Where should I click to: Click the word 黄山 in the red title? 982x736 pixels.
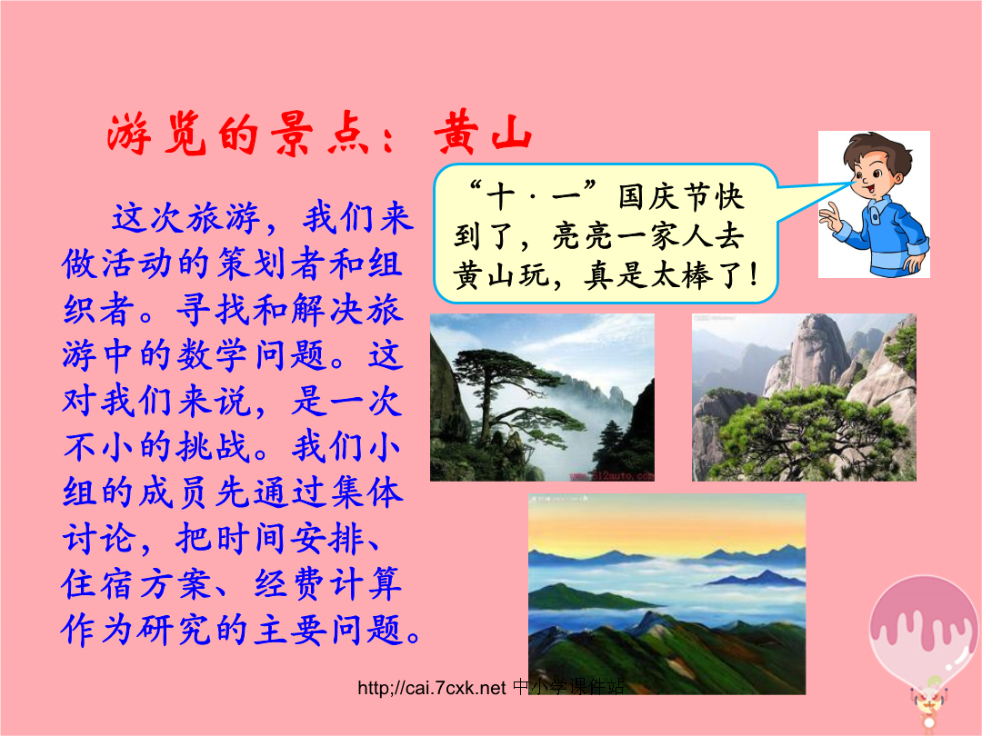click(484, 133)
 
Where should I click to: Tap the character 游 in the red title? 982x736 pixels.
click(129, 134)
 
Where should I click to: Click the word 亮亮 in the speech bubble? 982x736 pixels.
click(585, 236)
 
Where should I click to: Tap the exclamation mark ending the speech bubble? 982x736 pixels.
click(754, 275)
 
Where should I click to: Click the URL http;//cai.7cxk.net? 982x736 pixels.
click(432, 688)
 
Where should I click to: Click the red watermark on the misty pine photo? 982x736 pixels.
click(612, 475)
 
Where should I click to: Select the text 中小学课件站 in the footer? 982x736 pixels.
click(568, 687)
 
